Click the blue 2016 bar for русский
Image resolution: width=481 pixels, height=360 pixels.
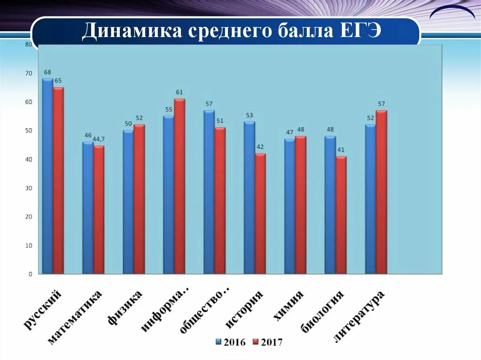point(47,176)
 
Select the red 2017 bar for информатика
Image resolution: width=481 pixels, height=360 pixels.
point(179,186)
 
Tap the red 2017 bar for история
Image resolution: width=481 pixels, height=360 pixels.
point(260,214)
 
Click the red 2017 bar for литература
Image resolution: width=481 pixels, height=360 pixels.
point(381,192)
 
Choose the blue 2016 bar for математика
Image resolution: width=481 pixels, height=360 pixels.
point(88,208)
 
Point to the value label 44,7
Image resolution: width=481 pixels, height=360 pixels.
point(99,139)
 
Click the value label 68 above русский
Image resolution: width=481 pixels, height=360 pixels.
point(47,72)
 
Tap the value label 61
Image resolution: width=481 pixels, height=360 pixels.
point(179,92)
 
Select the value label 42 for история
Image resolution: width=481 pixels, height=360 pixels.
point(260,147)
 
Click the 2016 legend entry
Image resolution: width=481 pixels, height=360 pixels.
point(230,342)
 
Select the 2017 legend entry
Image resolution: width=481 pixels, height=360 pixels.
point(267,342)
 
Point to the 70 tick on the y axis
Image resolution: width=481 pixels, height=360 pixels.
point(29,73)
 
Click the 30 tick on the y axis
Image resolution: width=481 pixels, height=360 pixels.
point(29,188)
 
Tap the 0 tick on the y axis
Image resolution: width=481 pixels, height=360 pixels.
point(30,274)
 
